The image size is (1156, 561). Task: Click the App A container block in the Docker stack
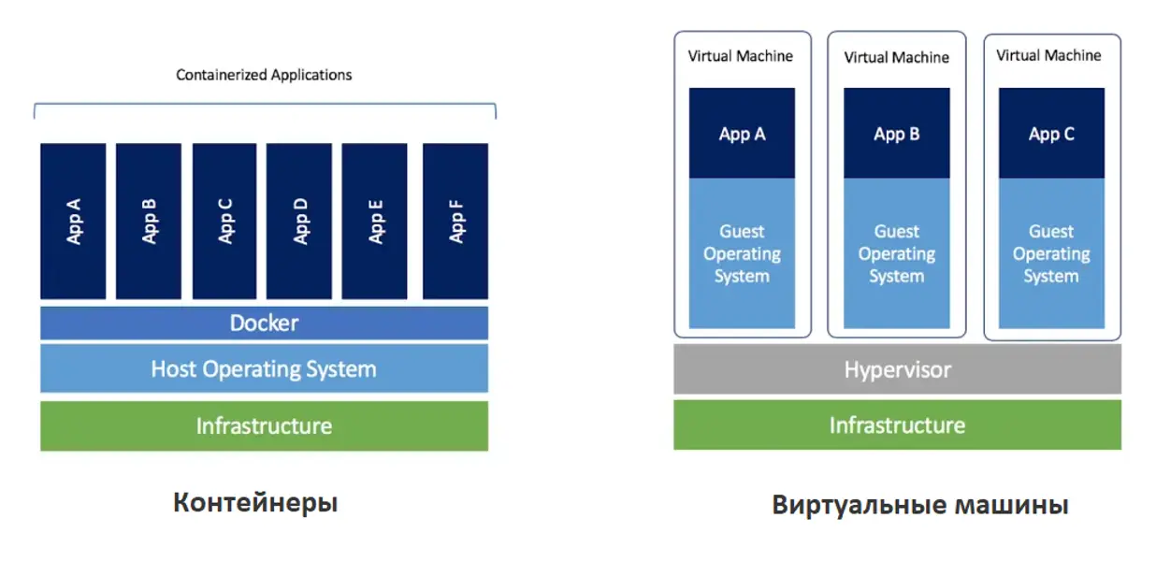pos(73,221)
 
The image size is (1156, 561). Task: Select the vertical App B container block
pos(149,221)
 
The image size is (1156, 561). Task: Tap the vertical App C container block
pos(224,221)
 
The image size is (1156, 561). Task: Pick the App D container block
pos(299,221)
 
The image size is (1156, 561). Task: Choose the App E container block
pos(375,221)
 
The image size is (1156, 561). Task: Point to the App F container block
pos(455,221)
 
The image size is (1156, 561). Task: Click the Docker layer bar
pos(264,324)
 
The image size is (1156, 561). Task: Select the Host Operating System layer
pos(264,368)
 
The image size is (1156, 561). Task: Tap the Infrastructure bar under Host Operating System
pos(264,426)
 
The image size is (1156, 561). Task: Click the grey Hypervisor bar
pos(897,369)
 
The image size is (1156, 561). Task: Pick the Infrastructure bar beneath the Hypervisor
pos(897,425)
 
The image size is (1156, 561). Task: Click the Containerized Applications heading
pos(265,75)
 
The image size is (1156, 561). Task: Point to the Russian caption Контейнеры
pos(255,503)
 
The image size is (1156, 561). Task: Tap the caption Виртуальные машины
pos(920,506)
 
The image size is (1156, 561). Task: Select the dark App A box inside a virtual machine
pos(742,134)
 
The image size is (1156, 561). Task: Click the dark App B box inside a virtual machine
pos(896,134)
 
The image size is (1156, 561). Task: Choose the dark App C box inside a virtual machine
pos(1051,134)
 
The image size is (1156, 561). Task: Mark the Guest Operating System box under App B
pos(896,253)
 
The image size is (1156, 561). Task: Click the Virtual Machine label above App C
pos(1048,56)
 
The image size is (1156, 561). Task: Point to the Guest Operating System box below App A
pos(742,253)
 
